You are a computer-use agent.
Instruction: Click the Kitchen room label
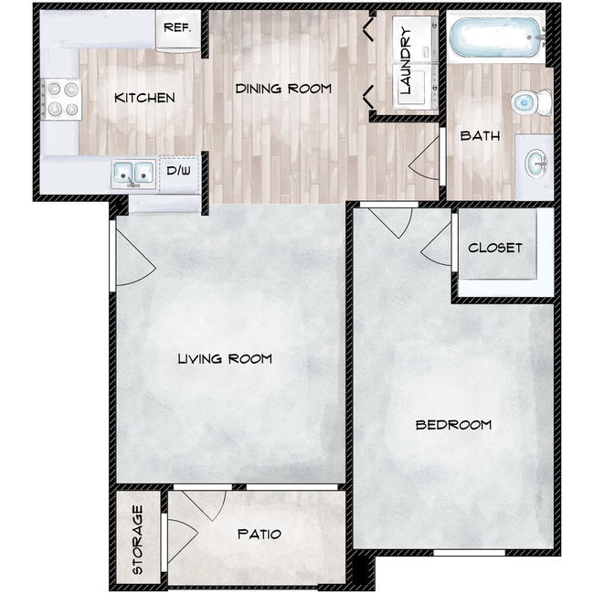[x=144, y=98]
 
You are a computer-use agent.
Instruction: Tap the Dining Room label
[x=283, y=89]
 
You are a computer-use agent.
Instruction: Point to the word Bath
[x=480, y=136]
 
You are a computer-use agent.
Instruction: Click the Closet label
[x=494, y=248]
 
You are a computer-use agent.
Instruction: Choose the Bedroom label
[x=453, y=424]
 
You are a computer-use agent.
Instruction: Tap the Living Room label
[x=225, y=358]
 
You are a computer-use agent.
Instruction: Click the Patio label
[x=259, y=534]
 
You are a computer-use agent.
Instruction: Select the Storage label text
[x=138, y=539]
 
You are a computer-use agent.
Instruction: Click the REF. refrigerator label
[x=176, y=27]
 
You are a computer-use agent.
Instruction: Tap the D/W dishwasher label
[x=179, y=170]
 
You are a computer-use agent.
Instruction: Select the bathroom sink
[x=536, y=164]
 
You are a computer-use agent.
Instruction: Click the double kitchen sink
[x=134, y=172]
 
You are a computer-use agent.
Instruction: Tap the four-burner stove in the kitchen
[x=61, y=100]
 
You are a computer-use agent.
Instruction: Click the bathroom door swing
[x=426, y=164]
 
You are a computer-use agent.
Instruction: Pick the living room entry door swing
[x=133, y=264]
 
